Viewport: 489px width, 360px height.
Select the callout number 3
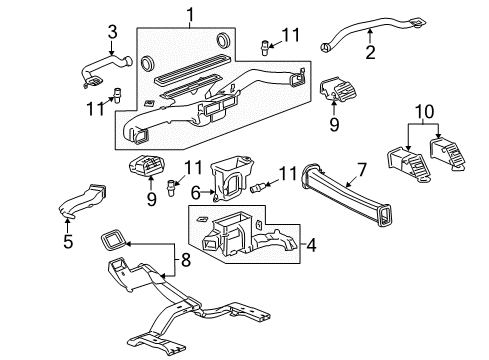(112, 31)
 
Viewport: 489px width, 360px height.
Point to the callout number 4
(312, 244)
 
